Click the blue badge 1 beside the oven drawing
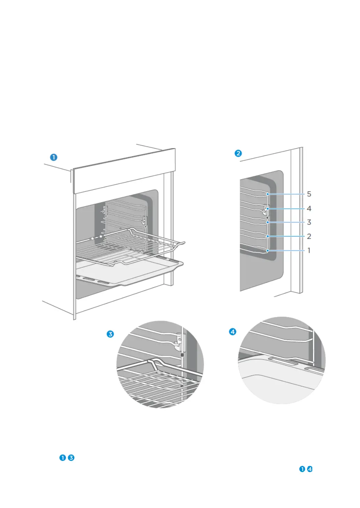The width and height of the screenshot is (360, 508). pyautogui.click(x=53, y=157)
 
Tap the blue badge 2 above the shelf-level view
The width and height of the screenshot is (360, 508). pyautogui.click(x=238, y=153)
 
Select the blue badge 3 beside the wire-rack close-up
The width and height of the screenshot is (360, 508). pyautogui.click(x=110, y=334)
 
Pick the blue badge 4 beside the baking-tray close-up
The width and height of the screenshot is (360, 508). pyautogui.click(x=233, y=332)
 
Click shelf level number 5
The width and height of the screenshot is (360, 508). pyautogui.click(x=309, y=194)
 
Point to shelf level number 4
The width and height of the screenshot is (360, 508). pyautogui.click(x=309, y=208)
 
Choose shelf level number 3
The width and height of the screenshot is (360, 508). pyautogui.click(x=309, y=222)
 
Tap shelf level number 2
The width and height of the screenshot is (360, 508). pyautogui.click(x=309, y=236)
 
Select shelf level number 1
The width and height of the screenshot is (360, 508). pyautogui.click(x=309, y=250)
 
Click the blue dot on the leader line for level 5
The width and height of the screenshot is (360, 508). pyautogui.click(x=268, y=194)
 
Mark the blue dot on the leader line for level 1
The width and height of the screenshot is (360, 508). pyautogui.click(x=268, y=250)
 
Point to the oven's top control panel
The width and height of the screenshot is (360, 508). pyautogui.click(x=124, y=171)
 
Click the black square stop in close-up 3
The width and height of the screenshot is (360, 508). pyautogui.click(x=182, y=355)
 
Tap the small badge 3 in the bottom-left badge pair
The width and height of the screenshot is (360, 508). pyautogui.click(x=71, y=457)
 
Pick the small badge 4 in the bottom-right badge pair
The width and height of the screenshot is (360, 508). pyautogui.click(x=310, y=469)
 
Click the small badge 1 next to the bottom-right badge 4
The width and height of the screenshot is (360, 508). pyautogui.click(x=302, y=469)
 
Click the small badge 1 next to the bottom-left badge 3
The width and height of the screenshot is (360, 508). pyautogui.click(x=62, y=457)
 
